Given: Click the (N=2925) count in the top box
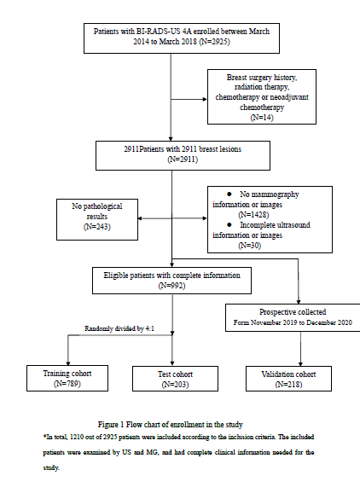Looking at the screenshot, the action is [214, 42].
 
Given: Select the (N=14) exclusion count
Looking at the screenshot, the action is [262, 117].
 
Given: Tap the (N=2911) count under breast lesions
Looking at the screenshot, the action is [183, 159].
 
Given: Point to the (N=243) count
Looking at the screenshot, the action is [97, 227].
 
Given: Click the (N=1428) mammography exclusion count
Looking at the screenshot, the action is [253, 215].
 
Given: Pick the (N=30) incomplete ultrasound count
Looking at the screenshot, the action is [250, 246].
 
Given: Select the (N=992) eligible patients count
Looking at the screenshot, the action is [171, 286].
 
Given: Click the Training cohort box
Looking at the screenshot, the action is [67, 378].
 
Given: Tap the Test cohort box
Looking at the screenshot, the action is [175, 379].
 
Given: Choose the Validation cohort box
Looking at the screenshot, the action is [288, 379].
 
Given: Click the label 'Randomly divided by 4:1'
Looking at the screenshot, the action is [119, 328].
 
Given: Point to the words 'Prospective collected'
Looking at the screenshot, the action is [293, 312].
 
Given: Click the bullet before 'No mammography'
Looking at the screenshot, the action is [229, 194].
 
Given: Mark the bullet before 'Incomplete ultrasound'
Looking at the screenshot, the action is [229, 225].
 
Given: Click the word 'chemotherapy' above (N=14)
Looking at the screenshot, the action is [262, 107].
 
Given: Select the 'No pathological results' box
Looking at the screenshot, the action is [97, 219].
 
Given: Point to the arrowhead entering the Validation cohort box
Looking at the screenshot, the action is [300, 364].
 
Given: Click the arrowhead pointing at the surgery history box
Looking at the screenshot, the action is [205, 99].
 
